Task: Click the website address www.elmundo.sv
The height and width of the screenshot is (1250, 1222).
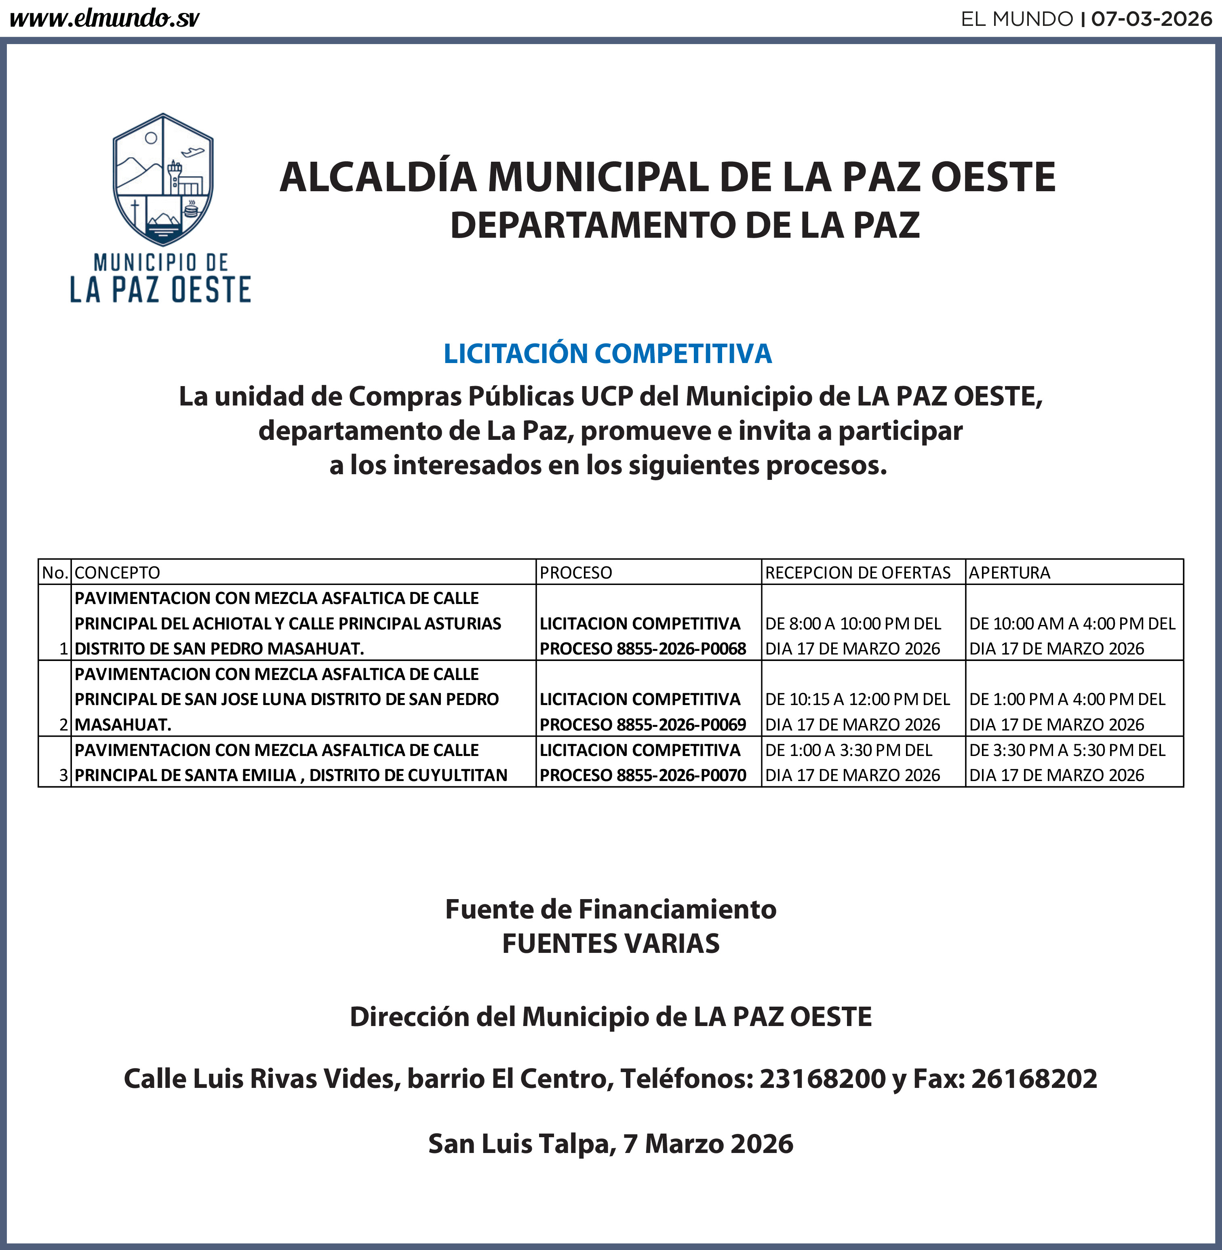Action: (104, 19)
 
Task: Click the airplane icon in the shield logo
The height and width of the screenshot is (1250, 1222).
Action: (192, 152)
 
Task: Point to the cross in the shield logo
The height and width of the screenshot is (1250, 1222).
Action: (135, 211)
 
